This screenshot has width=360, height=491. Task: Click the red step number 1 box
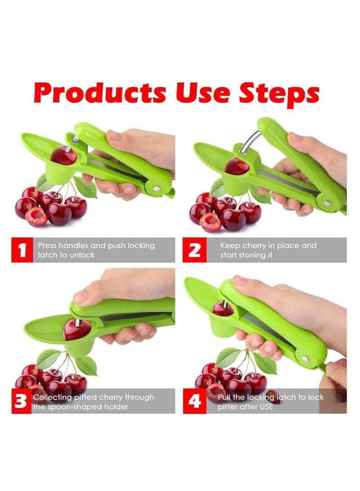point(22,250)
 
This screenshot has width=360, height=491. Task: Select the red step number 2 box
point(194,250)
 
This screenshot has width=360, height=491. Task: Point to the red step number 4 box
point(194,401)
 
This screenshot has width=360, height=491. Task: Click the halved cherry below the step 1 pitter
point(36,217)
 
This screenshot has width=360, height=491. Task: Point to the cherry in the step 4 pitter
point(223,309)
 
